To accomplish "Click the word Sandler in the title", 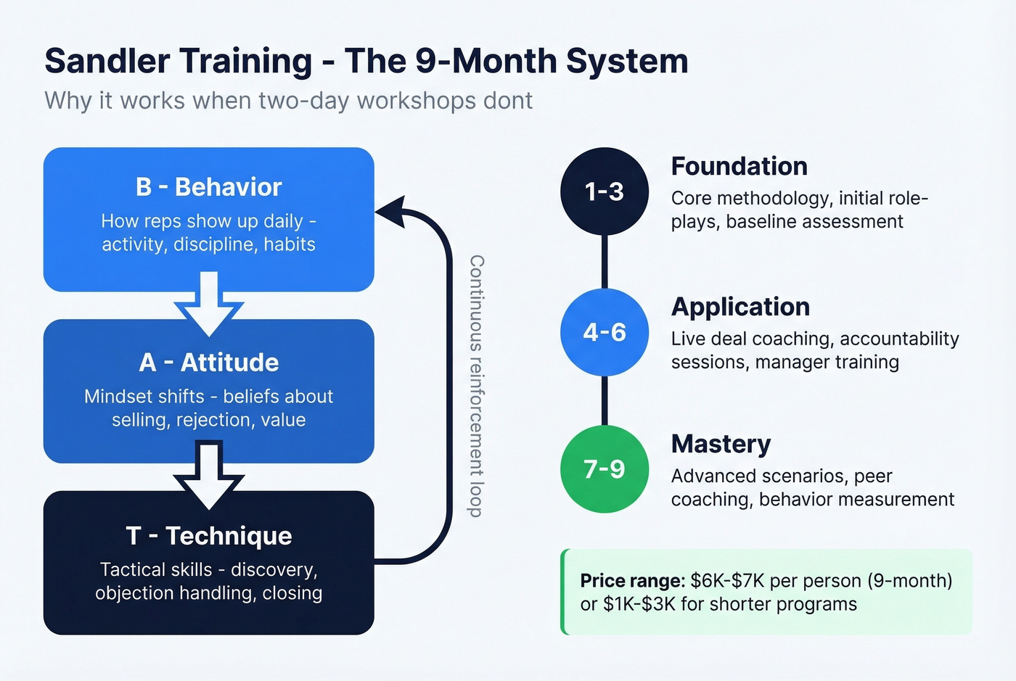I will pyautogui.click(x=107, y=61).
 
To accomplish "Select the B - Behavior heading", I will pyautogui.click(x=208, y=187).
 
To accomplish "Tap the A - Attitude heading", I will pyautogui.click(x=208, y=362).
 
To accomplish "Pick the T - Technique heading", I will pyautogui.click(x=208, y=535).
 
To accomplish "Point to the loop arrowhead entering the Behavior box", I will pyautogui.click(x=390, y=212).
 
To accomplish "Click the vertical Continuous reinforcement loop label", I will pyautogui.click(x=476, y=386).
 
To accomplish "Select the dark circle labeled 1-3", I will pyautogui.click(x=604, y=191).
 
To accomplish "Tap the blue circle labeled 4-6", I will pyautogui.click(x=604, y=332).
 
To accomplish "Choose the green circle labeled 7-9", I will pyautogui.click(x=604, y=469).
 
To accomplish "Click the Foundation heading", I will pyautogui.click(x=739, y=166).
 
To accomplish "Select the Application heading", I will pyautogui.click(x=740, y=307).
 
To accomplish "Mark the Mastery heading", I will pyautogui.click(x=721, y=444).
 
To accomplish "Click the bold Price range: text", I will pyautogui.click(x=632, y=581).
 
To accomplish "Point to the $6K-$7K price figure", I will pyautogui.click(x=727, y=581).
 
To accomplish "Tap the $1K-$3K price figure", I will pyautogui.click(x=639, y=604).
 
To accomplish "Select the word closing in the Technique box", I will pyautogui.click(x=292, y=593).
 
